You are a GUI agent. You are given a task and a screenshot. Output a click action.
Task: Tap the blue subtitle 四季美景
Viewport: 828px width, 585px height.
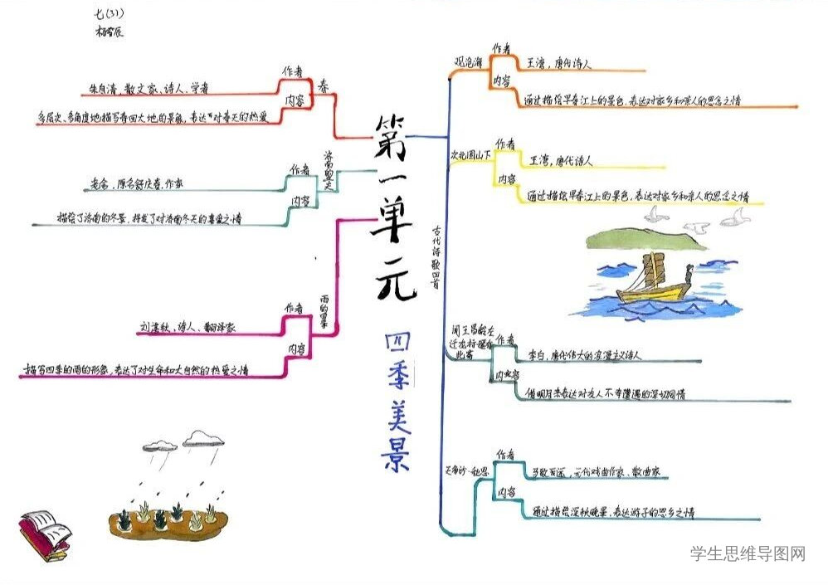(x=396, y=403)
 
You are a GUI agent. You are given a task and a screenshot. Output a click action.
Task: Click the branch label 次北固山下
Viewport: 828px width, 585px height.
(x=471, y=155)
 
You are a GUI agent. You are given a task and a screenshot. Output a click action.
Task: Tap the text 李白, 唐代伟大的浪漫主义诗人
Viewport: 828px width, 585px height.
(x=584, y=355)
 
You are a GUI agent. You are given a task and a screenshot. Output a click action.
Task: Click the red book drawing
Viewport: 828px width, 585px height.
(x=44, y=534)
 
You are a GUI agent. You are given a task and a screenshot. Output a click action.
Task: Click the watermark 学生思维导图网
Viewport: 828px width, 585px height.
(x=748, y=553)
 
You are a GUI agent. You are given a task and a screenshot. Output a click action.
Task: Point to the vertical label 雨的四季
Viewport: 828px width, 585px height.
(x=324, y=310)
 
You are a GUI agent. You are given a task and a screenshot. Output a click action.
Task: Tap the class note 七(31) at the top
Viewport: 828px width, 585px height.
(x=110, y=13)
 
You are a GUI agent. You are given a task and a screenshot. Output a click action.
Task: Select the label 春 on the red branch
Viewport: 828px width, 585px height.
(x=323, y=84)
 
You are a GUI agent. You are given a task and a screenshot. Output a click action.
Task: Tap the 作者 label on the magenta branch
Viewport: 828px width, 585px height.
(x=295, y=309)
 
